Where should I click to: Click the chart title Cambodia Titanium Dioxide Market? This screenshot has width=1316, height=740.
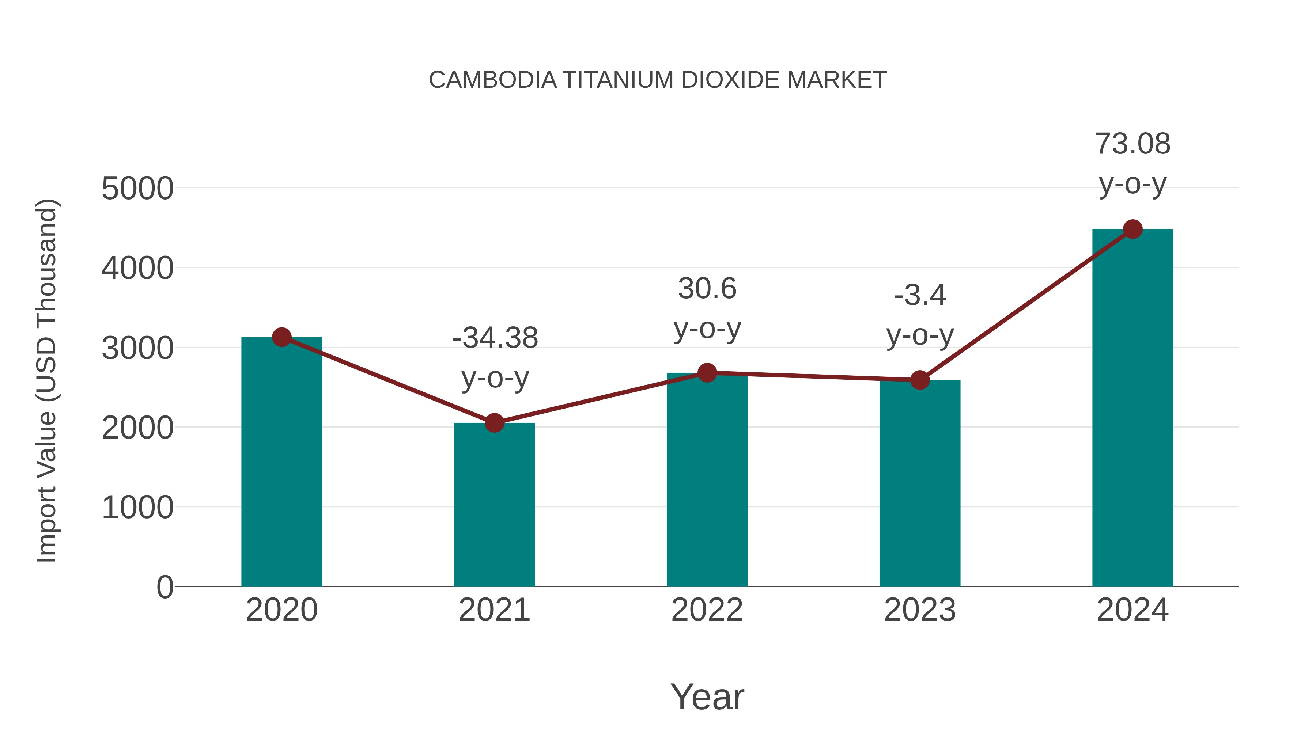658,80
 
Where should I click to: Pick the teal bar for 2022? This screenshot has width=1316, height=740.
707,480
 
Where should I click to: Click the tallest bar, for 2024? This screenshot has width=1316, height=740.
1132,409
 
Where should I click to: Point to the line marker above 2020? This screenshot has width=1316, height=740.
281,337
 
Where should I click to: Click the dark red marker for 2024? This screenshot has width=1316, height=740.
1132,229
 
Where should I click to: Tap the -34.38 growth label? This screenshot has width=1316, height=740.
495,338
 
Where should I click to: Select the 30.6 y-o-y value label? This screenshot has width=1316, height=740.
707,289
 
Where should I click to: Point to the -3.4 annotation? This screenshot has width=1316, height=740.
920,295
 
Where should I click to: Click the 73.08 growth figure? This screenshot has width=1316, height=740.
1132,144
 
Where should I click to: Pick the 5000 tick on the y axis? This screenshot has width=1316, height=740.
137,189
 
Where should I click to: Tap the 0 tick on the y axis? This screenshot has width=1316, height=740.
164,587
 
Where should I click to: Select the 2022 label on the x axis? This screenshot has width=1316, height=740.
707,610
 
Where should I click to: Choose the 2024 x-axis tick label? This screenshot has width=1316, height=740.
1132,610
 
